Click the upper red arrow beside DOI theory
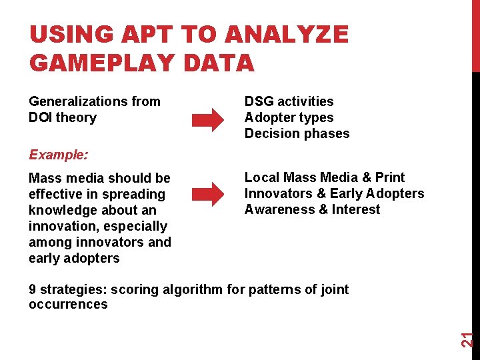click(x=208, y=121)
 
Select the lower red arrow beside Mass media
click(x=208, y=195)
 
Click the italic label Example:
click(x=58, y=155)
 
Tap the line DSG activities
click(x=289, y=101)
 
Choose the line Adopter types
click(x=289, y=117)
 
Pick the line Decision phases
click(x=297, y=133)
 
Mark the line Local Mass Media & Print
click(x=325, y=177)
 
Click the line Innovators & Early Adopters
click(x=334, y=193)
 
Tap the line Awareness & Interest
click(x=312, y=209)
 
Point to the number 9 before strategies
click(x=33, y=289)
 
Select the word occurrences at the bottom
click(x=68, y=305)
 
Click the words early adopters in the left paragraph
click(x=74, y=258)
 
